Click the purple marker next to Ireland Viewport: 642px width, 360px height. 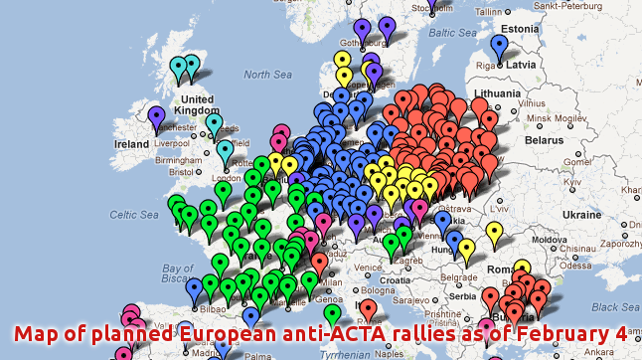click(156, 115)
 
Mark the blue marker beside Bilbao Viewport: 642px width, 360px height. click(195, 289)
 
